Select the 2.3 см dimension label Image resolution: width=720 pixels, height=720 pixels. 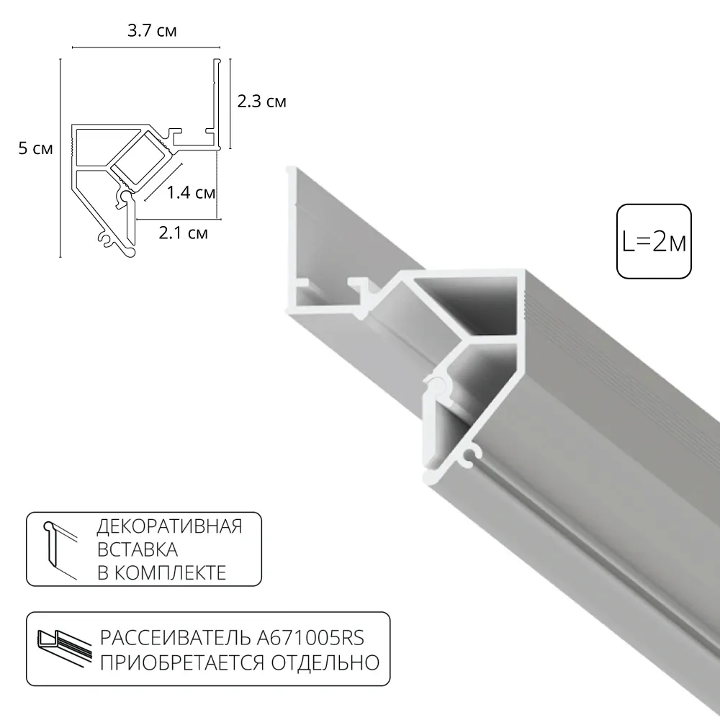[262, 102]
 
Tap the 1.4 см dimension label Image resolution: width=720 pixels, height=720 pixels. [191, 192]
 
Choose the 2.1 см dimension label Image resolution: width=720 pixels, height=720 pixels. [183, 233]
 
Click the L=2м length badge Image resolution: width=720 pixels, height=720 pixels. [654, 242]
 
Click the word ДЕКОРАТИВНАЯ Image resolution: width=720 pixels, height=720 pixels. [169, 526]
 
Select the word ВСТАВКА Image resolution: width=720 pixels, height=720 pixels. [138, 550]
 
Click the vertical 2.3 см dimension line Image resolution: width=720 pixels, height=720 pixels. [230, 102]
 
